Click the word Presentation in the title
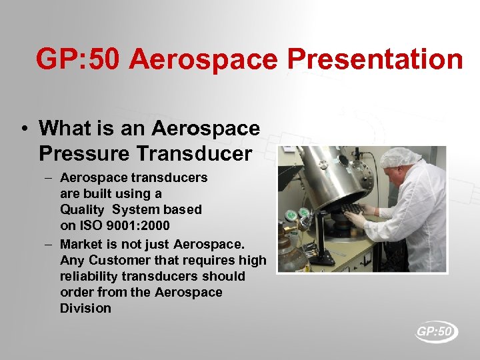[x=375, y=59]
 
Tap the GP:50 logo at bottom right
[x=437, y=331]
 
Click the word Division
[x=85, y=308]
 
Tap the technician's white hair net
[x=401, y=157]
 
